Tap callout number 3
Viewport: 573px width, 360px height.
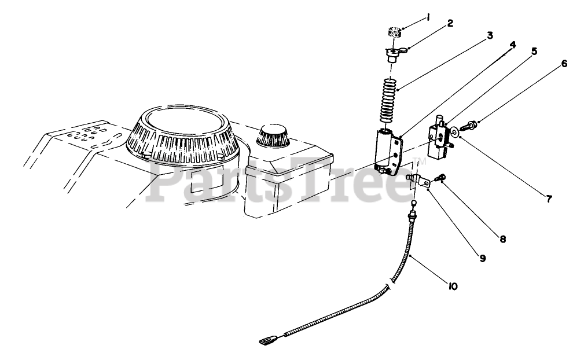(x=490, y=36)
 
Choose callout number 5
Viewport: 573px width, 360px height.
(x=534, y=51)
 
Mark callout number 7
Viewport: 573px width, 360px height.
(x=549, y=199)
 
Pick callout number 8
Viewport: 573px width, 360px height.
(x=503, y=237)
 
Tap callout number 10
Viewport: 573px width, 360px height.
(x=453, y=285)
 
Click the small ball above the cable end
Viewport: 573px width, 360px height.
(x=415, y=204)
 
